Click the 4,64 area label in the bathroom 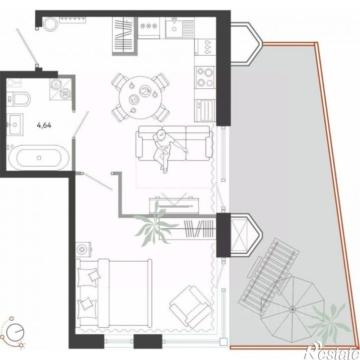tap(44, 125)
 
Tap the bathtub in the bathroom tap(39, 158)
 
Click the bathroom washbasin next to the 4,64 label tap(15, 125)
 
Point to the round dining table tap(141, 98)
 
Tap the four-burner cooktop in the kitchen tap(206, 76)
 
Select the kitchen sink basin tap(174, 28)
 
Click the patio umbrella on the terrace tap(293, 309)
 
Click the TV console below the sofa tap(174, 206)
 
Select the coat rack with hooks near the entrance tap(72, 19)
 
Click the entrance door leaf tap(27, 46)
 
